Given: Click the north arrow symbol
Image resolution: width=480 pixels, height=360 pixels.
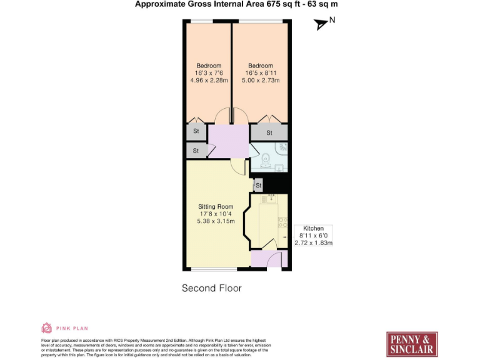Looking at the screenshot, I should pyautogui.click(x=321, y=24).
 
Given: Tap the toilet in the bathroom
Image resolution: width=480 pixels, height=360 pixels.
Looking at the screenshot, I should pyautogui.click(x=265, y=158).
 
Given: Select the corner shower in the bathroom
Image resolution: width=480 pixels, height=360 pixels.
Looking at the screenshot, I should pyautogui.click(x=282, y=149).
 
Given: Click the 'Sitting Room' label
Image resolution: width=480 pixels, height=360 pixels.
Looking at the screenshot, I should pyautogui.click(x=216, y=207).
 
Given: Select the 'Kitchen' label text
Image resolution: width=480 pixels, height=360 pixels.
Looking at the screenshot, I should pyautogui.click(x=313, y=229).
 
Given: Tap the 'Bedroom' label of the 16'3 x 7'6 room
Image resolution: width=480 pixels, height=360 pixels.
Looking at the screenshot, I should pyautogui.click(x=209, y=66).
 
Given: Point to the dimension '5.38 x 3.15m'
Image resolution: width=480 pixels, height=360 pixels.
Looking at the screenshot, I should pyautogui.click(x=216, y=221).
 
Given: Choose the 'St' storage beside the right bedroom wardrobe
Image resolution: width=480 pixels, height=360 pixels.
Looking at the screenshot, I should pyautogui.click(x=269, y=133).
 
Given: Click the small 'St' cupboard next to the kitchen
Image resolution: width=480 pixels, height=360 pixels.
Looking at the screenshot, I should pyautogui.click(x=257, y=186).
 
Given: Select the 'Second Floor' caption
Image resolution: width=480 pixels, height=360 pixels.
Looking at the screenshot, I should pyautogui.click(x=211, y=288).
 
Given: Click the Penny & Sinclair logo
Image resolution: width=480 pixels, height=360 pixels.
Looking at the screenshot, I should pyautogui.click(x=411, y=344).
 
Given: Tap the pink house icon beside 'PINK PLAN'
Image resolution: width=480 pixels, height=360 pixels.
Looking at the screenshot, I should pyautogui.click(x=46, y=327).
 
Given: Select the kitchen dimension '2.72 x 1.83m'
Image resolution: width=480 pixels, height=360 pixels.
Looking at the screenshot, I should pyautogui.click(x=313, y=242).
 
